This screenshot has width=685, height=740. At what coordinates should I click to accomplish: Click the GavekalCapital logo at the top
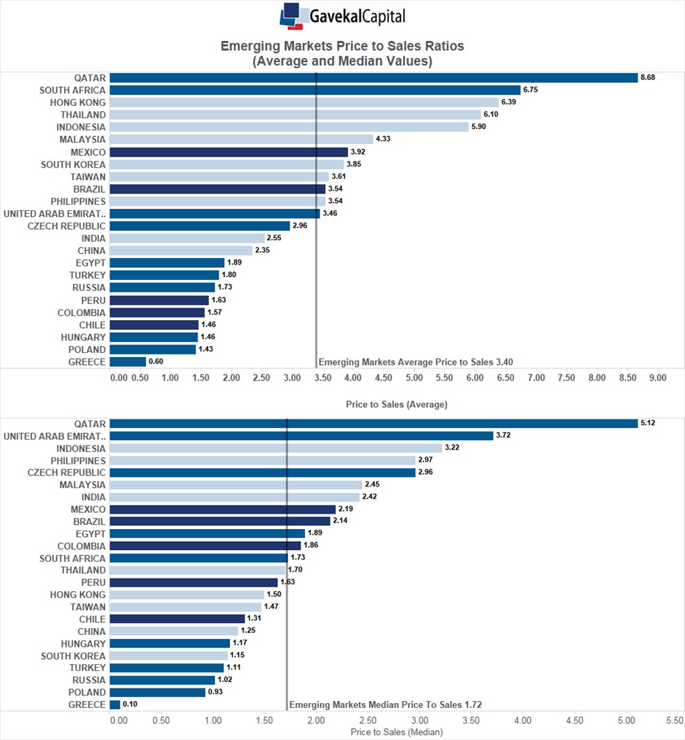(x=342, y=16)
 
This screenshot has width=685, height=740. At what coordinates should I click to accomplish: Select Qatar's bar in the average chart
(x=374, y=78)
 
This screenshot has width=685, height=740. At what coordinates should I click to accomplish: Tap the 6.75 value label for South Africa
(x=530, y=90)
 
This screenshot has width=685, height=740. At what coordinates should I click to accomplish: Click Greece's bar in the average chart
(x=128, y=362)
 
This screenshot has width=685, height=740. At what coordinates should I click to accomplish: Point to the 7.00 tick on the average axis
(x=536, y=377)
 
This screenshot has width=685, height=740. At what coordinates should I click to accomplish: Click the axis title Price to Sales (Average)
(x=397, y=404)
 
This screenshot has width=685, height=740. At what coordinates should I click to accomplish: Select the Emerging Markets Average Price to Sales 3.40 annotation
(x=416, y=362)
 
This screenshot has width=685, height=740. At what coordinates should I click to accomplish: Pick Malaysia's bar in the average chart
(x=242, y=139)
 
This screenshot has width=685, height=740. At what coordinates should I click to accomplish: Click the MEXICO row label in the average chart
(x=88, y=152)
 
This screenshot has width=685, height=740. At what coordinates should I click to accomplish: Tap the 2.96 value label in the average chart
(x=300, y=226)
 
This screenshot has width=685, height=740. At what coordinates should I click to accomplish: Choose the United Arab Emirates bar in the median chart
(x=301, y=436)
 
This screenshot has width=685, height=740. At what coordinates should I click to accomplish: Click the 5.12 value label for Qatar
(x=647, y=423)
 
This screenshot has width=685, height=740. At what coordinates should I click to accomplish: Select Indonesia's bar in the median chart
(x=276, y=448)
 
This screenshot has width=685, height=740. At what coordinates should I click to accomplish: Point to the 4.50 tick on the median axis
(x=574, y=721)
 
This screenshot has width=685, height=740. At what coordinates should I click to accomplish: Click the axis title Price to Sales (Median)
(x=397, y=732)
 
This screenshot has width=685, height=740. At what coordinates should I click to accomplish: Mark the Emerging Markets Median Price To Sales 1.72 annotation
(x=385, y=704)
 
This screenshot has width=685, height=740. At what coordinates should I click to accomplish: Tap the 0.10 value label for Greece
(x=129, y=704)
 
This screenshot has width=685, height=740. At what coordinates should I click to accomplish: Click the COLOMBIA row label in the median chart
(x=81, y=546)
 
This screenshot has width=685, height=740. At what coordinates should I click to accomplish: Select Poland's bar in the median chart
(x=158, y=693)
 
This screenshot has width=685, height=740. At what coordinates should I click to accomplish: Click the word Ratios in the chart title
(x=443, y=46)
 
